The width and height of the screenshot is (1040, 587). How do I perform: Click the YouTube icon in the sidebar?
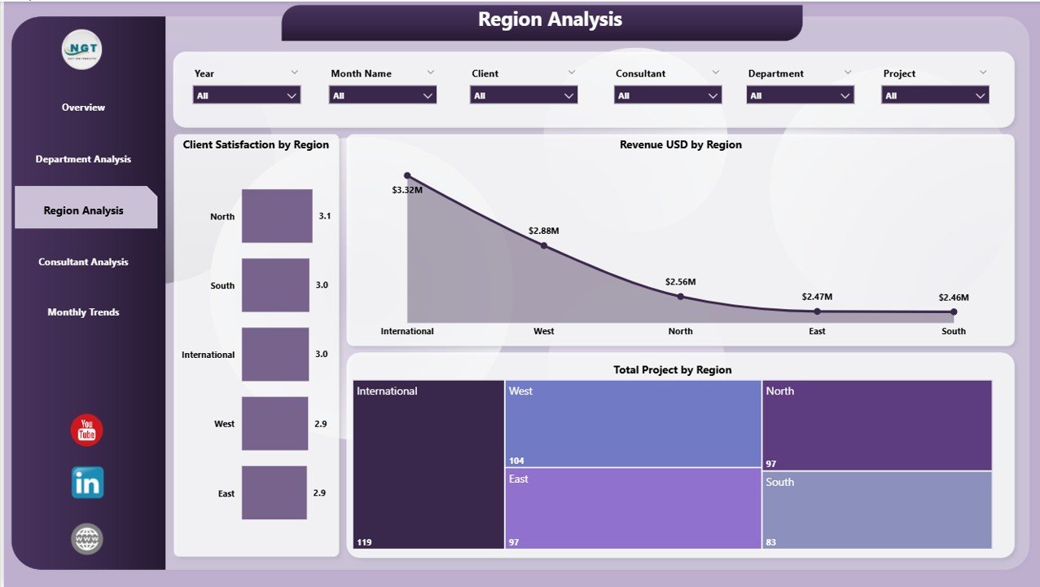pos(87,430)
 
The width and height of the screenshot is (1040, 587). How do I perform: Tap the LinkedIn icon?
pos(87,483)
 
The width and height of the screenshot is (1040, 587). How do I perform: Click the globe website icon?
pos(87,538)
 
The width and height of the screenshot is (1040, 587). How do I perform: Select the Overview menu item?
pos(83,108)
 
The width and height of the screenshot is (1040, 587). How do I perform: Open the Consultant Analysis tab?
pos(83,263)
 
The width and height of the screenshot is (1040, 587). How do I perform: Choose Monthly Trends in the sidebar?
pos(83,312)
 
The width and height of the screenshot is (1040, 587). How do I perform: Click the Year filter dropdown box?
pos(247,95)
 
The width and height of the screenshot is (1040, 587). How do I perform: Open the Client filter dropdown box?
pos(523,95)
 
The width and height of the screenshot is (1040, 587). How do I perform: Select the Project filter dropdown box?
pos(935,95)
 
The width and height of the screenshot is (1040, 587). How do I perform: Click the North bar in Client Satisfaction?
pos(277,216)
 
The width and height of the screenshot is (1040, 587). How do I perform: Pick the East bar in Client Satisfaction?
pos(274,492)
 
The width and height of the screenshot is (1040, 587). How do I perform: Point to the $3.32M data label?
pos(406,190)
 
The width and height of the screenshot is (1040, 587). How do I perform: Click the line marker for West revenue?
pos(544,245)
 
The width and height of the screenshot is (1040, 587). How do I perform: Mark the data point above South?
pos(954,311)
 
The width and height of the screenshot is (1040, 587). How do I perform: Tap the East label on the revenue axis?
pos(817,331)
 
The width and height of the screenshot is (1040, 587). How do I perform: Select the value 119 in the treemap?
pos(364,542)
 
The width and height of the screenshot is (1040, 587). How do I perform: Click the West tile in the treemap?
pos(633,424)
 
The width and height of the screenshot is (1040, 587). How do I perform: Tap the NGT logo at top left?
pos(82,51)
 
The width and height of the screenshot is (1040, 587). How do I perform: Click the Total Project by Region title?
pos(672,370)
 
